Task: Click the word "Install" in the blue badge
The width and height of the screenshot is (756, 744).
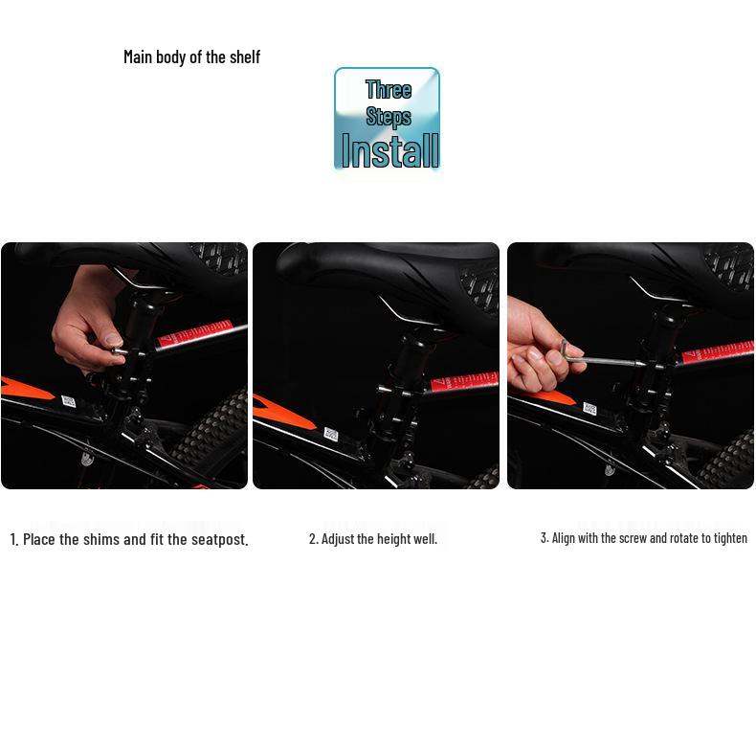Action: click(x=390, y=151)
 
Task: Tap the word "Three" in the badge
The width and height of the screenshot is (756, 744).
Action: click(x=389, y=90)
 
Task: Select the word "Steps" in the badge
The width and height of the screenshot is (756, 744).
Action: click(x=389, y=117)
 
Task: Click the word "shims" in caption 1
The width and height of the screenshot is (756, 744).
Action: click(x=101, y=539)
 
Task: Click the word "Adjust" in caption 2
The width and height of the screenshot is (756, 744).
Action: click(x=338, y=539)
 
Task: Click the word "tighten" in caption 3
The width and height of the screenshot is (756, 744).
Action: click(x=729, y=538)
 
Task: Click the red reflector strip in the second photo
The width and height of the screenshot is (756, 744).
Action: click(x=464, y=382)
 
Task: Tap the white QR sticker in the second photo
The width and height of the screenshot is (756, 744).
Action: click(x=330, y=434)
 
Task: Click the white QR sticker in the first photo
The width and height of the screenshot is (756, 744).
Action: click(x=69, y=401)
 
